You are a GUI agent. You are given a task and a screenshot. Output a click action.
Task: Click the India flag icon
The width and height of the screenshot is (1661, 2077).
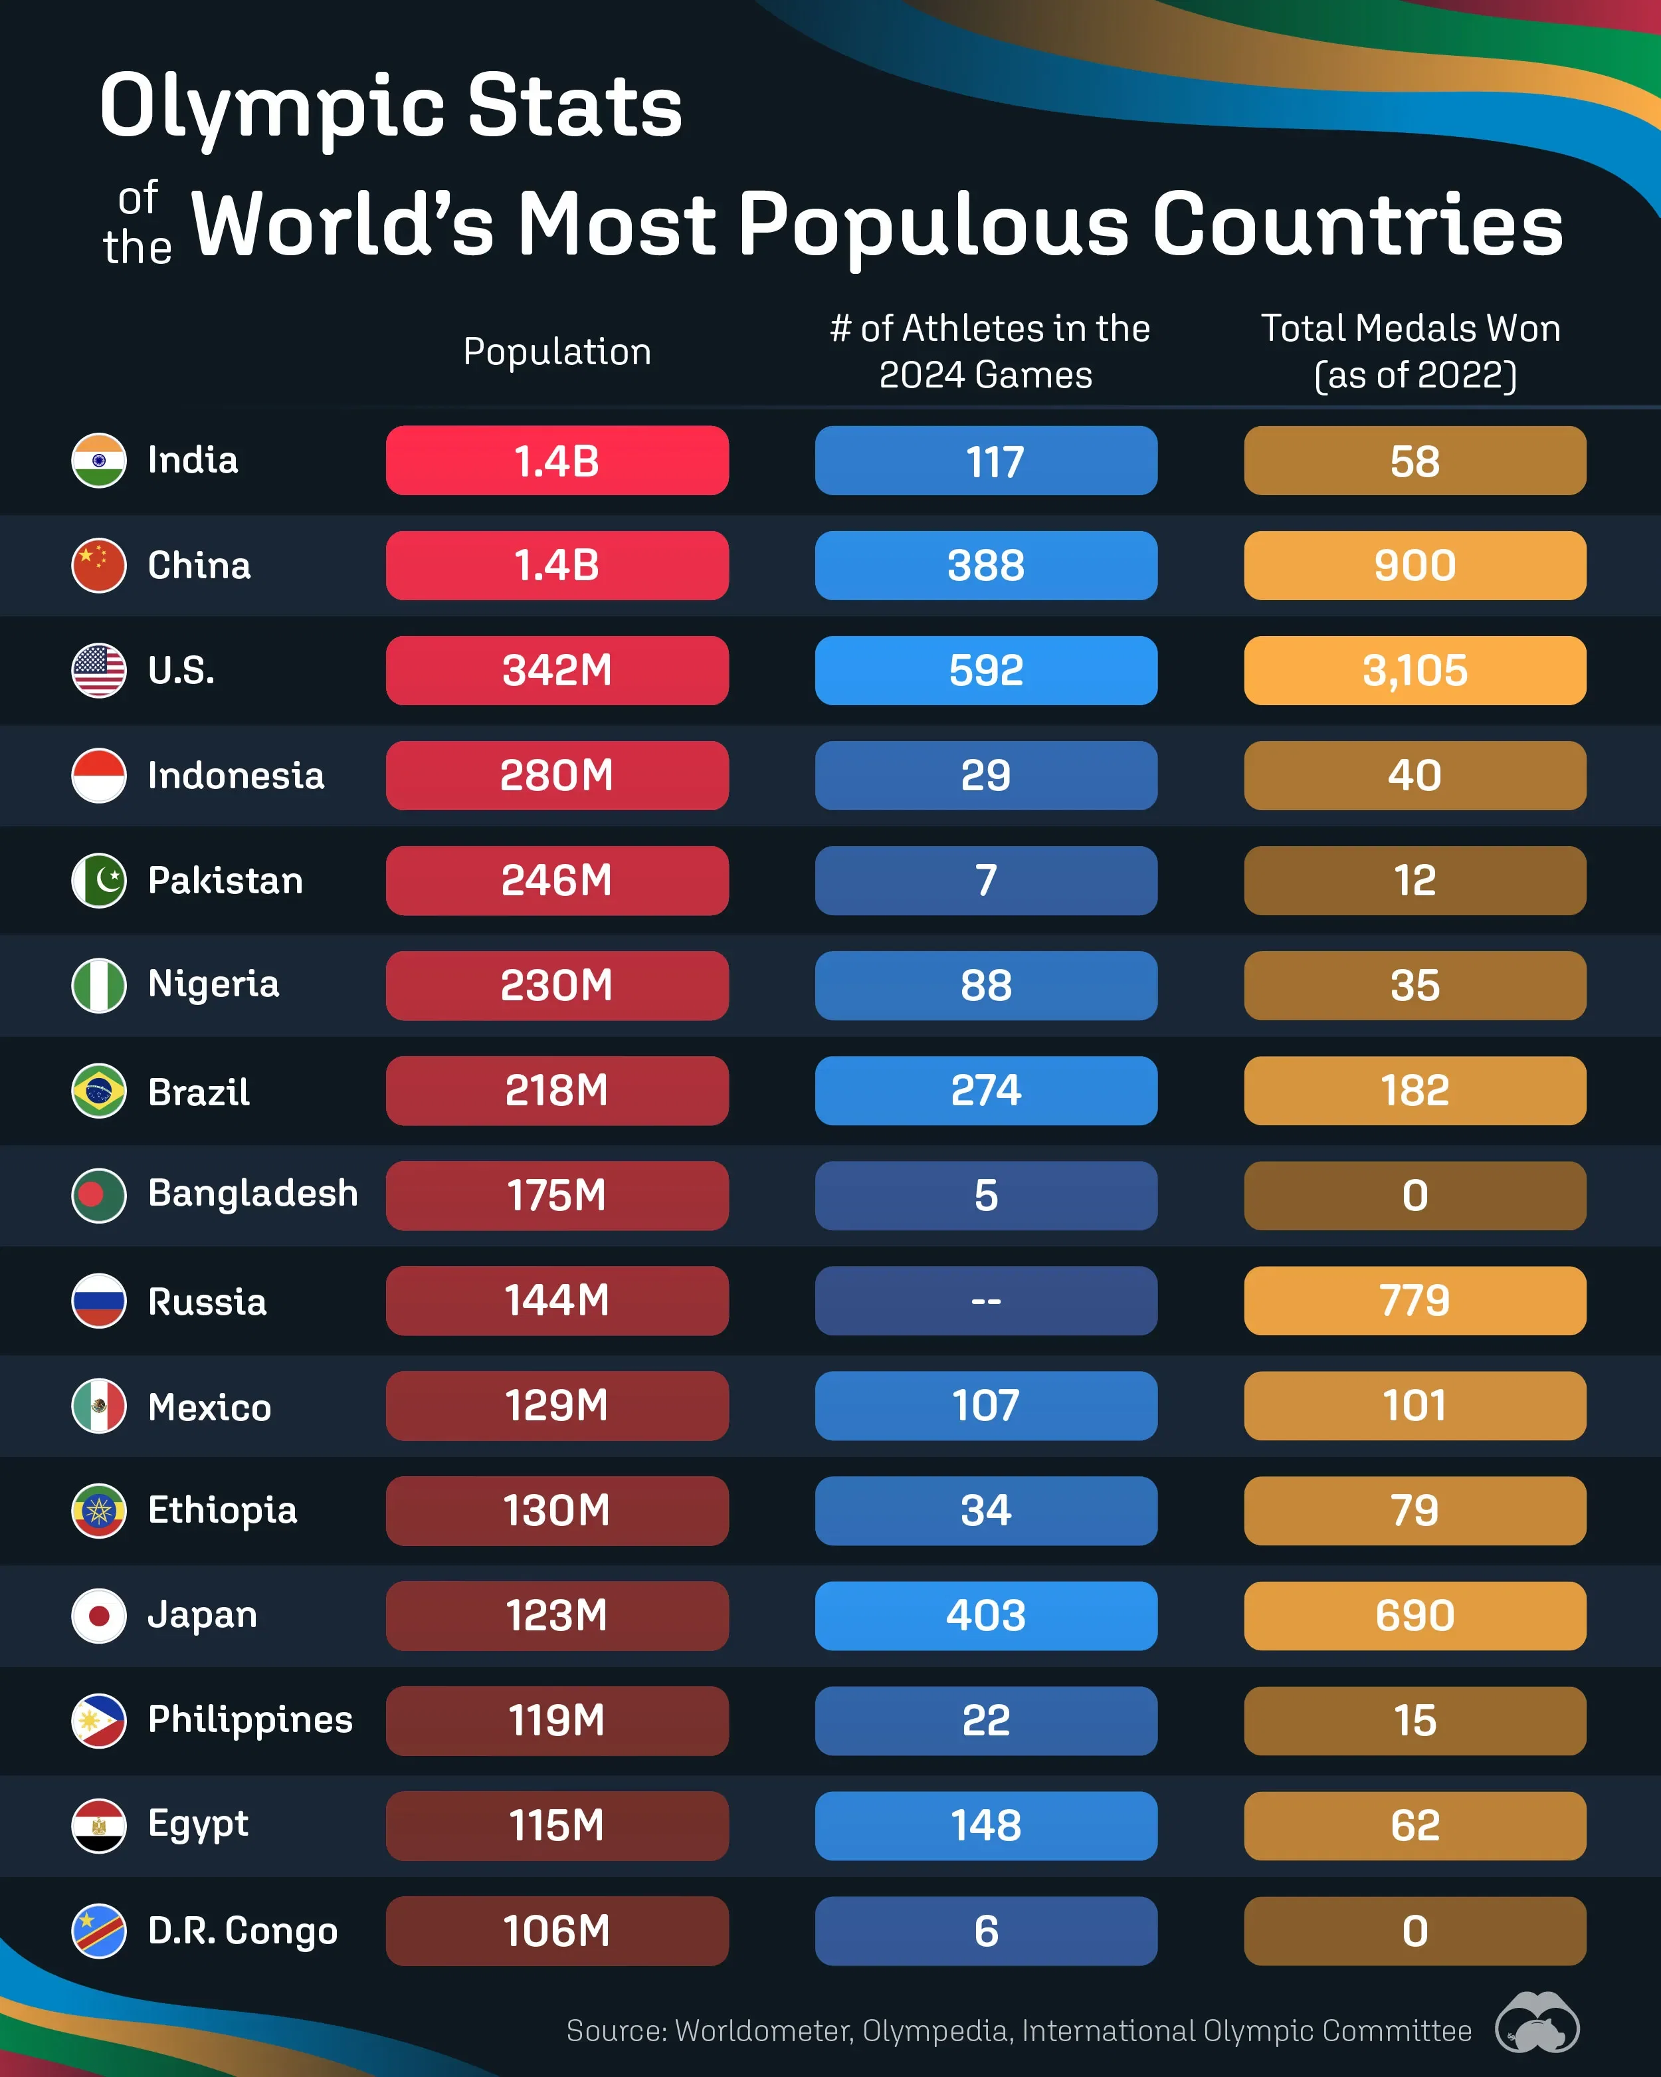click(98, 461)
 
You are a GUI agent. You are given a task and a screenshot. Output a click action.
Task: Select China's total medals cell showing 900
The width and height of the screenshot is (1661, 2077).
click(1414, 566)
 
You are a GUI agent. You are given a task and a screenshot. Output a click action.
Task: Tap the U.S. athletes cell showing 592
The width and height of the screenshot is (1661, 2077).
click(985, 671)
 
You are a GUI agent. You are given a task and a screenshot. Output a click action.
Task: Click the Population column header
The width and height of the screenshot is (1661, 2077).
click(557, 352)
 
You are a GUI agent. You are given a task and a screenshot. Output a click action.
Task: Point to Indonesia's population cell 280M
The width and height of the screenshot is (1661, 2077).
click(557, 776)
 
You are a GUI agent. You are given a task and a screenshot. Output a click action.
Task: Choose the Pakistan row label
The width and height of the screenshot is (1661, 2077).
click(225, 881)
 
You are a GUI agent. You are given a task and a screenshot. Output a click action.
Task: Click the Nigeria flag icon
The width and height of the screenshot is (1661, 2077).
click(98, 986)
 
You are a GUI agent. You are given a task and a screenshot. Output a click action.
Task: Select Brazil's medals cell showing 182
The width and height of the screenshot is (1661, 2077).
click(1414, 1091)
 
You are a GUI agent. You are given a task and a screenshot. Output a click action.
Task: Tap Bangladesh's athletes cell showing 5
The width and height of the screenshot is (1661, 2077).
click(985, 1196)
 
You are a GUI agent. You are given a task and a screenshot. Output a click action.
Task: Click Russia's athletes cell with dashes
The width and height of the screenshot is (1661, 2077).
click(985, 1301)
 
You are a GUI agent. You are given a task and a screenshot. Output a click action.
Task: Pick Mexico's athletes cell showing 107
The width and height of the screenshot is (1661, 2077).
click(985, 1406)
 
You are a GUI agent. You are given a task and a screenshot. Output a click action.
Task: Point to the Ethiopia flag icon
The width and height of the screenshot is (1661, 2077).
click(98, 1511)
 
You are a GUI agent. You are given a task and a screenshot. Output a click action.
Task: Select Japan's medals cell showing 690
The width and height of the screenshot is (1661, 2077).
click(1414, 1616)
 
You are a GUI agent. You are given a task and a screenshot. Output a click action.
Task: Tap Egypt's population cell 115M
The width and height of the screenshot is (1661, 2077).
click(557, 1826)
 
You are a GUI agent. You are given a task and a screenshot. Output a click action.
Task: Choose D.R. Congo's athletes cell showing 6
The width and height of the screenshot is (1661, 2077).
click(985, 1931)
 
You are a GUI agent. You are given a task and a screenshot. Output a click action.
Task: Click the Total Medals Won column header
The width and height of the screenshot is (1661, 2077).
click(1412, 352)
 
